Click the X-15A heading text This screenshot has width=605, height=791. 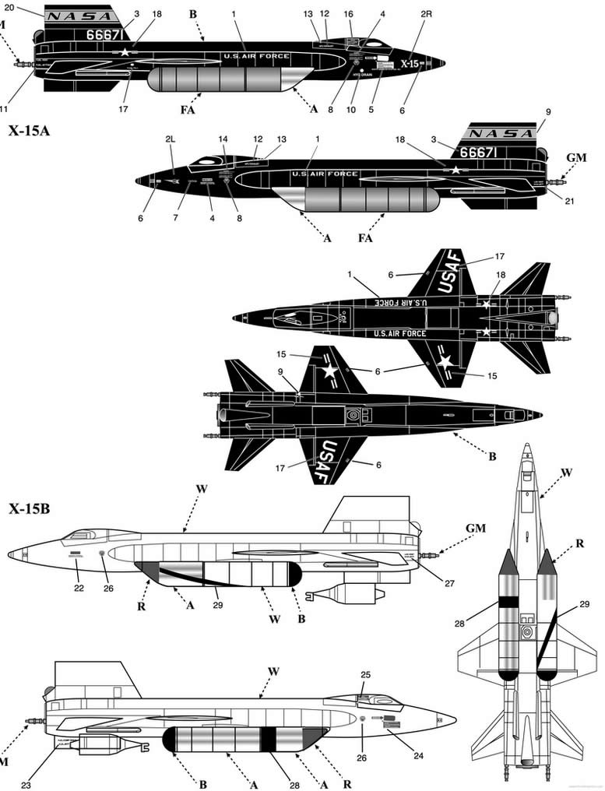coord(29,131)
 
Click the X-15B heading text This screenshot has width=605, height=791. coord(29,510)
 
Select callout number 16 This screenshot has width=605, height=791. coord(348,14)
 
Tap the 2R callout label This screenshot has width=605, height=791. coord(425,14)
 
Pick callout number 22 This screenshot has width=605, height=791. coord(79,589)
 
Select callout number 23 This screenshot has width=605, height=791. coord(26,785)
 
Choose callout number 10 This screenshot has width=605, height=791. coord(351,110)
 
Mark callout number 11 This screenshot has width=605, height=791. coord(4,108)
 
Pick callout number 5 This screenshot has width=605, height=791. coord(371,110)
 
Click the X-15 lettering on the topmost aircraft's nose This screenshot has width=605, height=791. coord(410,65)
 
